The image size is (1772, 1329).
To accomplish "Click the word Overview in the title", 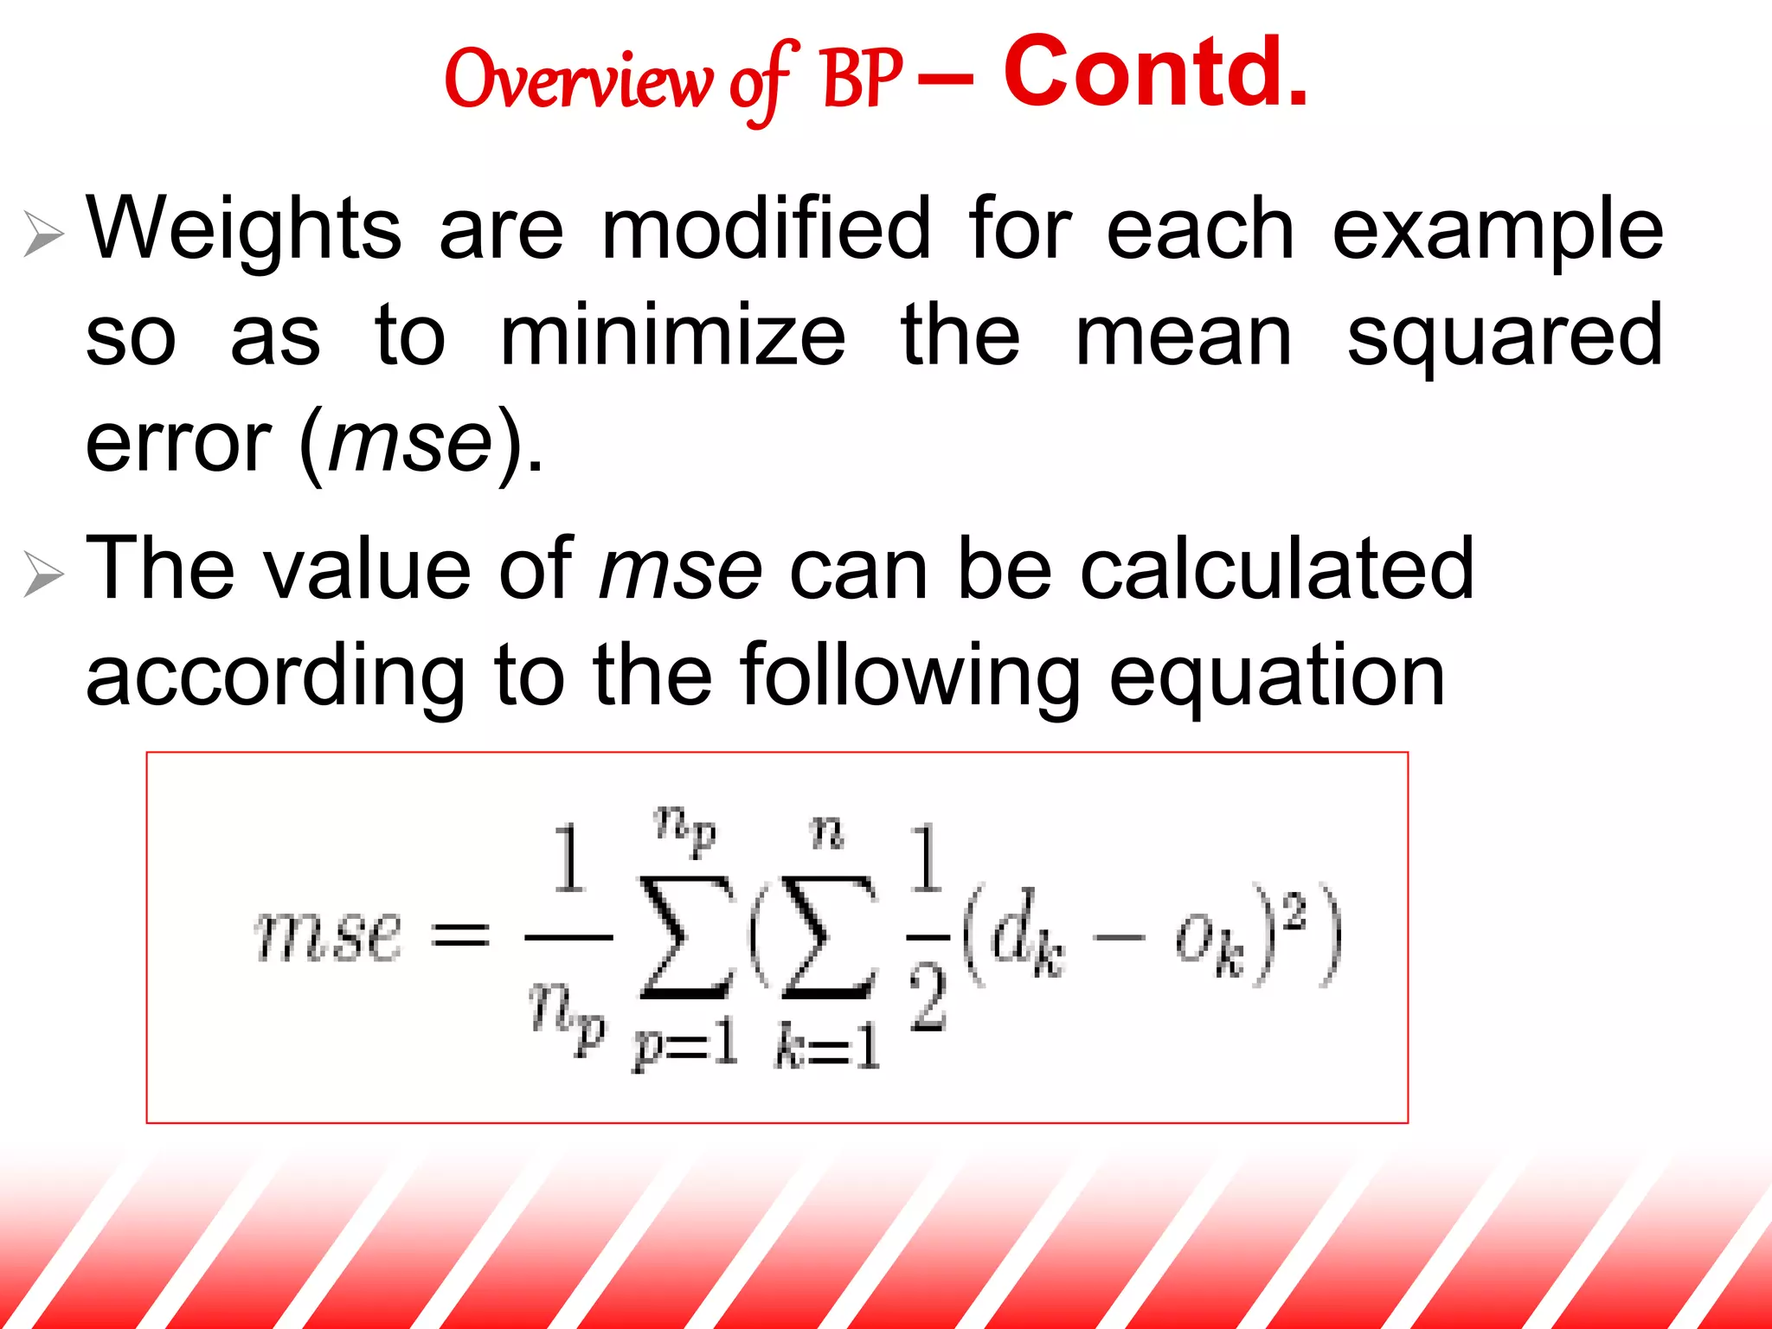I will click(578, 80).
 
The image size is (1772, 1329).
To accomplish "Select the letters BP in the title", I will click(862, 80).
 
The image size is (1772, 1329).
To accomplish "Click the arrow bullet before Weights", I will click(43, 234).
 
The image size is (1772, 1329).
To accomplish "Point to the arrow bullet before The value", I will click(43, 574).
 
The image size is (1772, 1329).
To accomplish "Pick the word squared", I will click(1504, 337).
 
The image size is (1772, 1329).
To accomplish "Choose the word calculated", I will click(1277, 568).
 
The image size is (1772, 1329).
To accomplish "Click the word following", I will click(910, 677).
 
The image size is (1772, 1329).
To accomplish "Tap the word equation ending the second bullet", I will click(1277, 677).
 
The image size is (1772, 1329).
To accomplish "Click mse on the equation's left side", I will click(329, 936).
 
